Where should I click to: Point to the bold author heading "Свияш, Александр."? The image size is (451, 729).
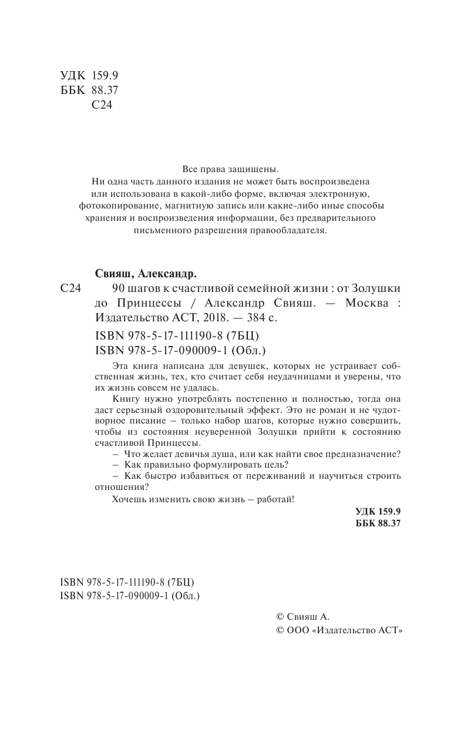145,274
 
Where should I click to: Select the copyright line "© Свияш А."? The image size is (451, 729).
303,616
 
